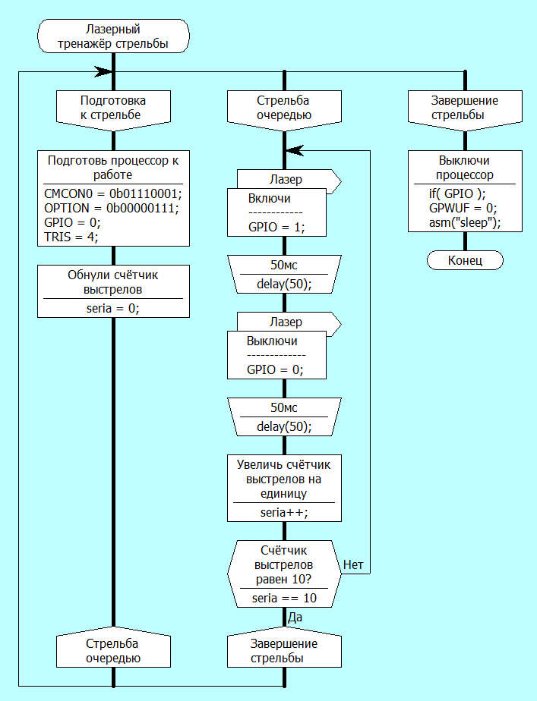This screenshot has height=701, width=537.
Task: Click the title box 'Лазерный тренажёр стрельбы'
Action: [x=113, y=36]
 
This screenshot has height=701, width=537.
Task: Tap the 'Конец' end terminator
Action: [x=465, y=260]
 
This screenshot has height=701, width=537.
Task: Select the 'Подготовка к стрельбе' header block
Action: [x=113, y=108]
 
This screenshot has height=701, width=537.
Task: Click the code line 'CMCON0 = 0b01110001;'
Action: [x=113, y=193]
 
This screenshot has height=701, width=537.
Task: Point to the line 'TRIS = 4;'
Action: [x=71, y=236]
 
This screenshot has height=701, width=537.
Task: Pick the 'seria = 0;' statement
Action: [x=113, y=307]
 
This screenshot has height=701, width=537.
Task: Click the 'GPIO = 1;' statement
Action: [x=276, y=227]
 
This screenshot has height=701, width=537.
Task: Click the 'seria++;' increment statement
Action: [x=284, y=513]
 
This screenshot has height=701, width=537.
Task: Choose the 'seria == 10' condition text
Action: [x=284, y=599]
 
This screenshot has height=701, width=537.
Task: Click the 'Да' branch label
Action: [x=295, y=618]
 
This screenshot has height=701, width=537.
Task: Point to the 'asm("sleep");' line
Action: [x=465, y=223]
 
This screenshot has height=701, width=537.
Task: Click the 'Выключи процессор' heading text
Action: [x=465, y=168]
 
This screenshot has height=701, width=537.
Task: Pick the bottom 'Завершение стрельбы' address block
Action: [x=284, y=650]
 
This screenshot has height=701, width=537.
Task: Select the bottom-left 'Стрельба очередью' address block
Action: [x=113, y=650]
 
